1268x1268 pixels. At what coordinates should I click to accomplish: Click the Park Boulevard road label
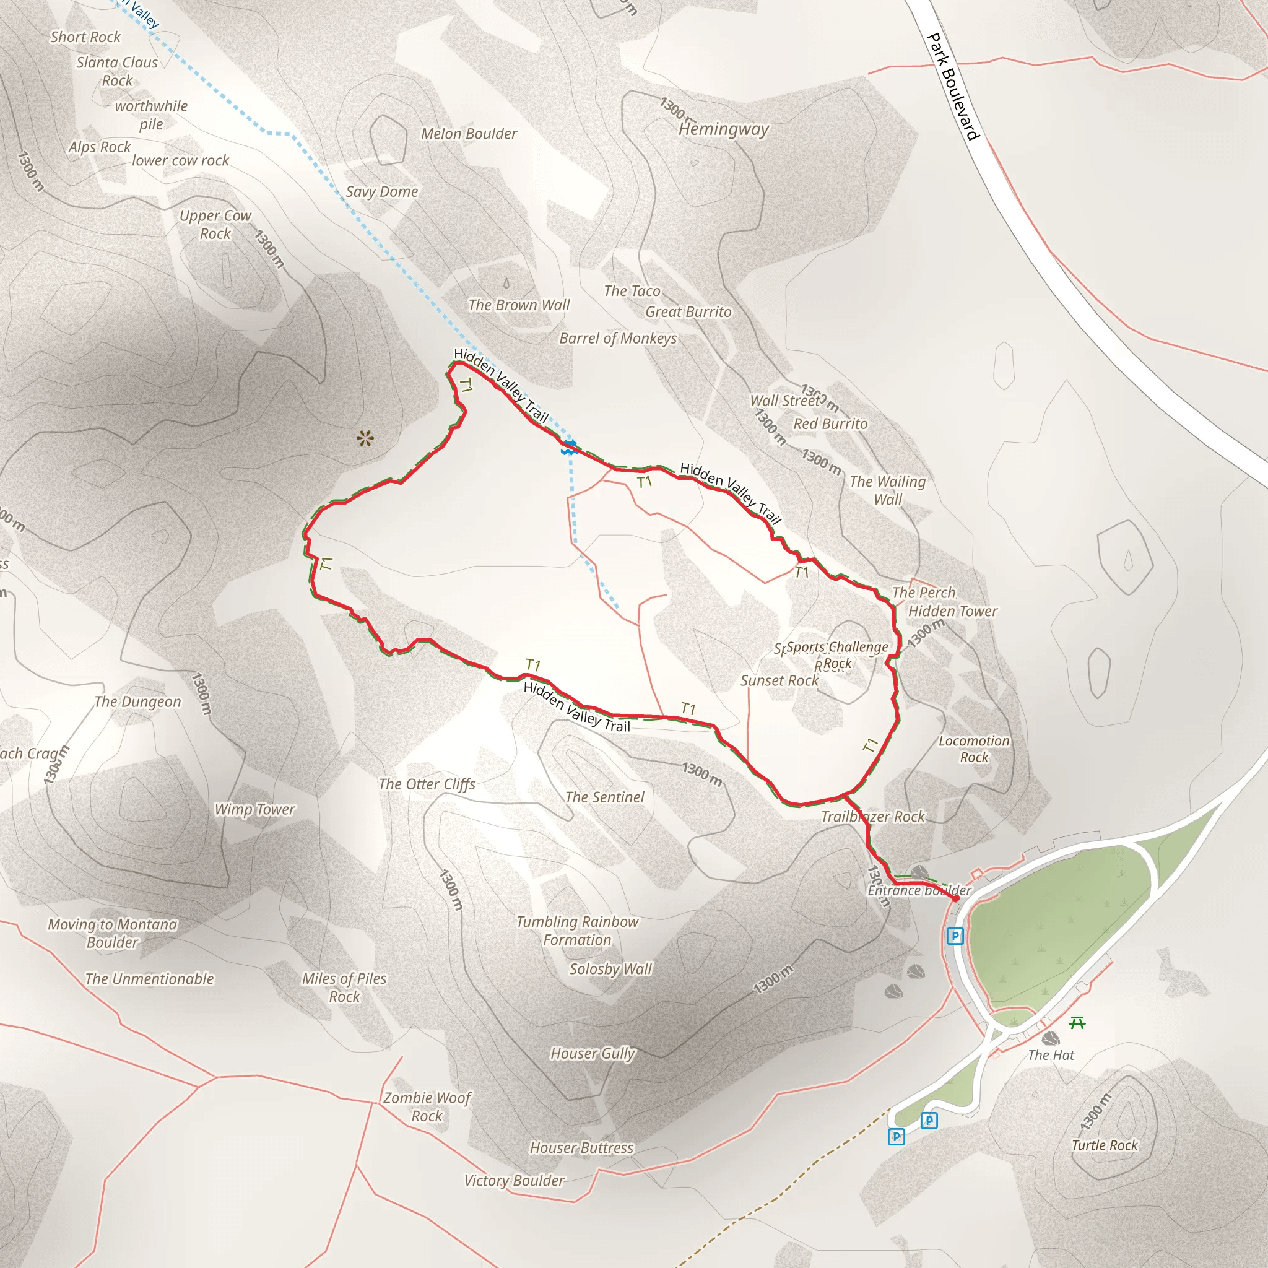click(953, 87)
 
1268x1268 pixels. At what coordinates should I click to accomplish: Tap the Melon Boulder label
click(469, 134)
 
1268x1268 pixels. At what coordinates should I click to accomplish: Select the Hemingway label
click(723, 129)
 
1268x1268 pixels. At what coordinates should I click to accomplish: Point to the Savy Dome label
click(381, 192)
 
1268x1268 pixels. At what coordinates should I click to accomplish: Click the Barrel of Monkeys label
click(617, 338)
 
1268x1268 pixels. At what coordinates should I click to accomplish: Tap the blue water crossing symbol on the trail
click(569, 448)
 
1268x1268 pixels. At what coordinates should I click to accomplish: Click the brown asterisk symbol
click(365, 438)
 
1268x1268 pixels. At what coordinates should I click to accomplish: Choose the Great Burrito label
click(688, 312)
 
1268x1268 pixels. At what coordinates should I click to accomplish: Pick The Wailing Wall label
click(887, 490)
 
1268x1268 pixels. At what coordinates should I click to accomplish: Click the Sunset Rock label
click(779, 680)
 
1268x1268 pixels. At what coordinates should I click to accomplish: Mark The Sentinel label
click(604, 797)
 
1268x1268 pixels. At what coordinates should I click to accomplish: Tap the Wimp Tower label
click(254, 809)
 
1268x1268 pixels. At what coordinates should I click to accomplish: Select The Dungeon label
click(137, 701)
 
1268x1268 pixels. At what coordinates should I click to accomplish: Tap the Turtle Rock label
click(1105, 1145)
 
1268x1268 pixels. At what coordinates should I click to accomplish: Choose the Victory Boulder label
click(514, 1181)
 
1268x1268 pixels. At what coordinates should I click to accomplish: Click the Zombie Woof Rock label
click(427, 1106)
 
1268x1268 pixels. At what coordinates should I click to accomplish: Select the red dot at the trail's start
click(955, 898)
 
